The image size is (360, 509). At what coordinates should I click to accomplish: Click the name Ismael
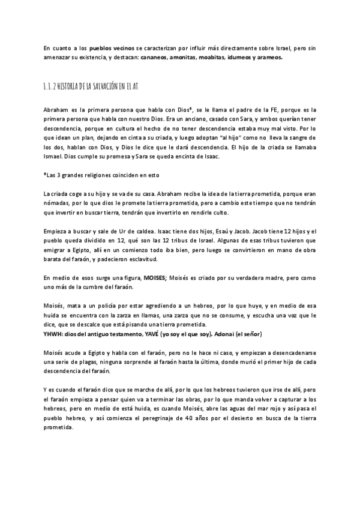(55, 157)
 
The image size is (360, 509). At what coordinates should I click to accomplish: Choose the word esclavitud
(140, 259)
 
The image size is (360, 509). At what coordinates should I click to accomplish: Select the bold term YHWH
(54, 334)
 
